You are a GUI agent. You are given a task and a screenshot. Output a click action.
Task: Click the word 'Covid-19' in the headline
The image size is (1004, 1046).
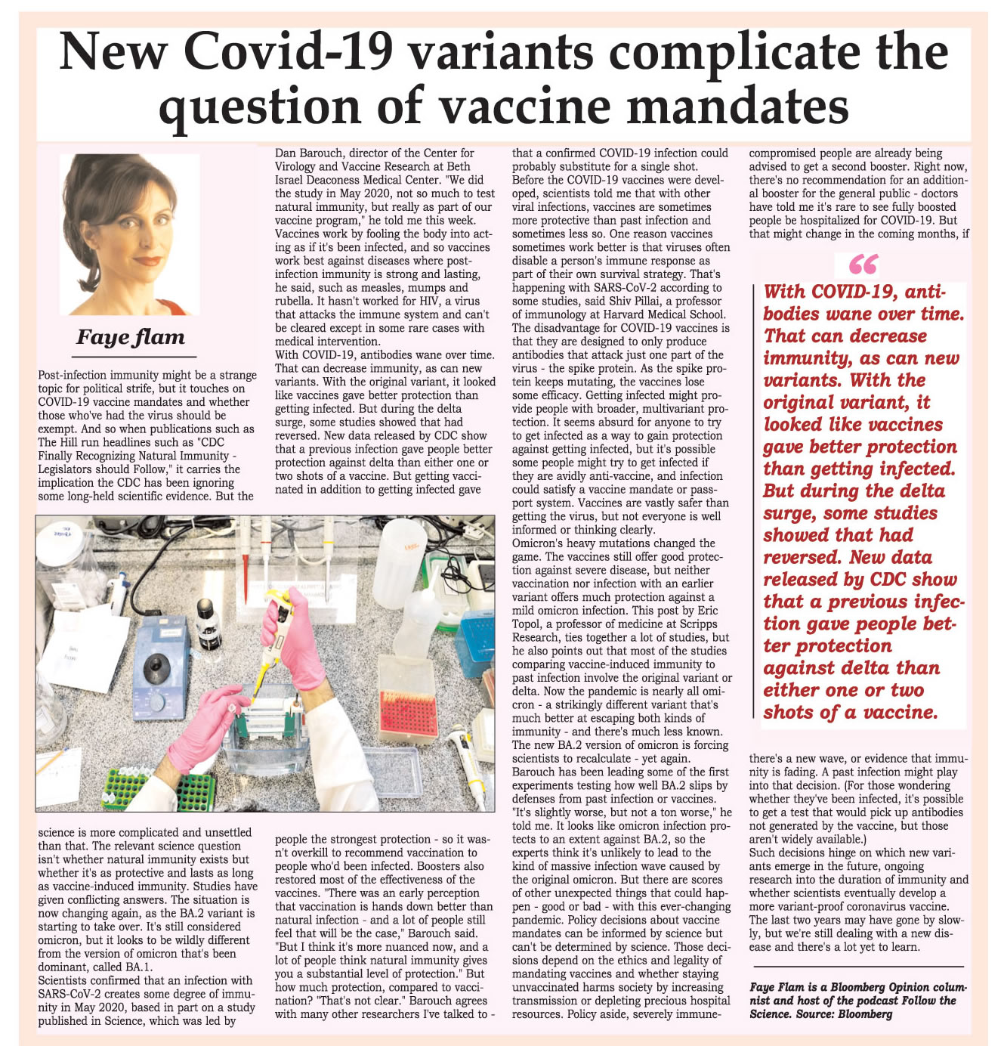pos(288,53)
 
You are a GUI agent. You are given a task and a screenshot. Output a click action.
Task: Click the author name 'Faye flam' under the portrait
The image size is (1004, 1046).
pos(131,337)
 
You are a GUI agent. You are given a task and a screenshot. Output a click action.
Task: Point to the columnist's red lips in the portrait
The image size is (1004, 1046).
pos(148,261)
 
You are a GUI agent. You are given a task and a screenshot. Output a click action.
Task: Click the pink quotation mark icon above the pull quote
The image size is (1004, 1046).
pos(863,264)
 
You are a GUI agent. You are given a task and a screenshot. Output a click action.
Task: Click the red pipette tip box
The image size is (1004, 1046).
pos(408,712)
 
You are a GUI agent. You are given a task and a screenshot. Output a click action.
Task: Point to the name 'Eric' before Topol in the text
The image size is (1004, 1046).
pos(707,611)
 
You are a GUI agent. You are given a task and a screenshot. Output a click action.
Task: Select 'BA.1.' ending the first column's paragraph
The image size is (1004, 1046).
pos(140,967)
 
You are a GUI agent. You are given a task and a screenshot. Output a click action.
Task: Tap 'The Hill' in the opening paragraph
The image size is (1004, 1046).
pos(57,443)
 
